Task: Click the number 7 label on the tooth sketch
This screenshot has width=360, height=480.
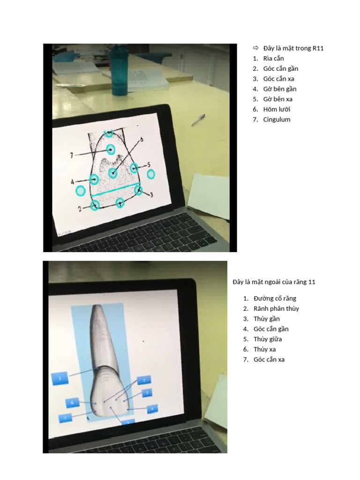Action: [72, 155]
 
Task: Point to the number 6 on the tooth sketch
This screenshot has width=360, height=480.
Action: [142, 139]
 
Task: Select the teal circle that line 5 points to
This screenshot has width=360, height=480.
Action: [134, 168]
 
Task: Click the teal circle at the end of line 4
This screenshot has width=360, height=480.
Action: [94, 179]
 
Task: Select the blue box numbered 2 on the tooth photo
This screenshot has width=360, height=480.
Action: [144, 380]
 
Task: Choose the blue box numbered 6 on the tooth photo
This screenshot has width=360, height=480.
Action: [72, 403]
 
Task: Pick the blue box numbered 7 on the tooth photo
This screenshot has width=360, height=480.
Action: [65, 417]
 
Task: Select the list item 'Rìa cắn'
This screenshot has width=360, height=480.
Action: [273, 59]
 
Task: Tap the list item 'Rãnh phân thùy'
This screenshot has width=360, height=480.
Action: [276, 308]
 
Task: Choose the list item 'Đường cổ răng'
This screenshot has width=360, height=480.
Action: [275, 298]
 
